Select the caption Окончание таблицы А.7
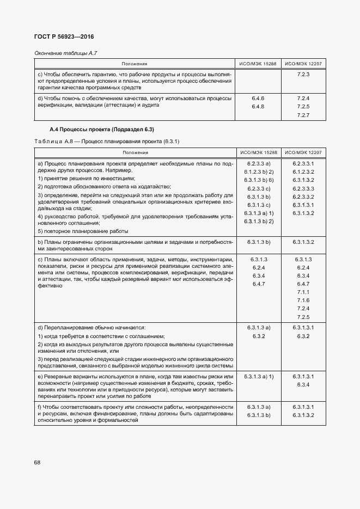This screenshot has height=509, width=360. click(x=65, y=52)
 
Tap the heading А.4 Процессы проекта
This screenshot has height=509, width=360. click(x=102, y=130)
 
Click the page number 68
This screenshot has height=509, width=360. click(x=37, y=462)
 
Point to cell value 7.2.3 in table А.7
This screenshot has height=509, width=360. click(x=303, y=74)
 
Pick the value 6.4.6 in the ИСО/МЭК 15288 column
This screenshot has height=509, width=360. click(x=258, y=98)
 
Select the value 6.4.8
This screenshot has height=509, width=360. click(x=258, y=107)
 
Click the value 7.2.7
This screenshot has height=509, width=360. click(x=303, y=115)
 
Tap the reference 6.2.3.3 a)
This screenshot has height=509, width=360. click(x=259, y=163)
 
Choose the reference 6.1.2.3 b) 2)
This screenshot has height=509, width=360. click(x=259, y=171)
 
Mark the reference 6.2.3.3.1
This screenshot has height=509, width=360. click(x=303, y=163)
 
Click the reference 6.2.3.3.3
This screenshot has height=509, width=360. click(x=303, y=188)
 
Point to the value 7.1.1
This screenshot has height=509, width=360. click(x=303, y=292)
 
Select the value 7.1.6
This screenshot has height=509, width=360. click(x=303, y=301)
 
